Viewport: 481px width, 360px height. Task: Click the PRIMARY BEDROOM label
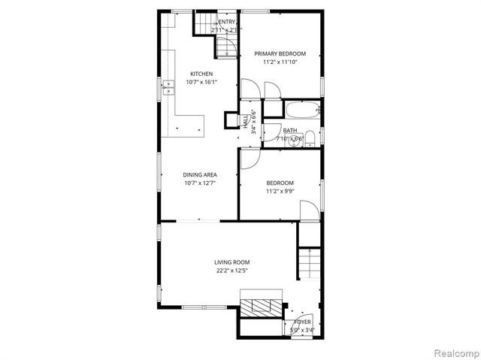(x=280, y=53)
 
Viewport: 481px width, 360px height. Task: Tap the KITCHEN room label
(x=201, y=74)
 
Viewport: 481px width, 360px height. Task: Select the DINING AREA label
(x=201, y=174)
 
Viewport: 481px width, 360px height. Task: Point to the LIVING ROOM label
(x=232, y=262)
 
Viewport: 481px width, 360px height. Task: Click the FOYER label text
(x=302, y=322)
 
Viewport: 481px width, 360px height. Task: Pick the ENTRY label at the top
(x=227, y=23)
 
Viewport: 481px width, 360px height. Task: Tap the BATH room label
(x=289, y=131)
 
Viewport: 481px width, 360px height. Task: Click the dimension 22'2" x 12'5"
(x=232, y=270)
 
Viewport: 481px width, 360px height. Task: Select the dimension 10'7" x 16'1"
(x=201, y=82)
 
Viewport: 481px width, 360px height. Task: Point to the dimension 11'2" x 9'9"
(x=280, y=191)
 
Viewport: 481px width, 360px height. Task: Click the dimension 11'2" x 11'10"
(x=280, y=62)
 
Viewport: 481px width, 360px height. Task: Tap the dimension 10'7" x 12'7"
(x=201, y=183)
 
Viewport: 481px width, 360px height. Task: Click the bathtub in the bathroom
(x=303, y=111)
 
